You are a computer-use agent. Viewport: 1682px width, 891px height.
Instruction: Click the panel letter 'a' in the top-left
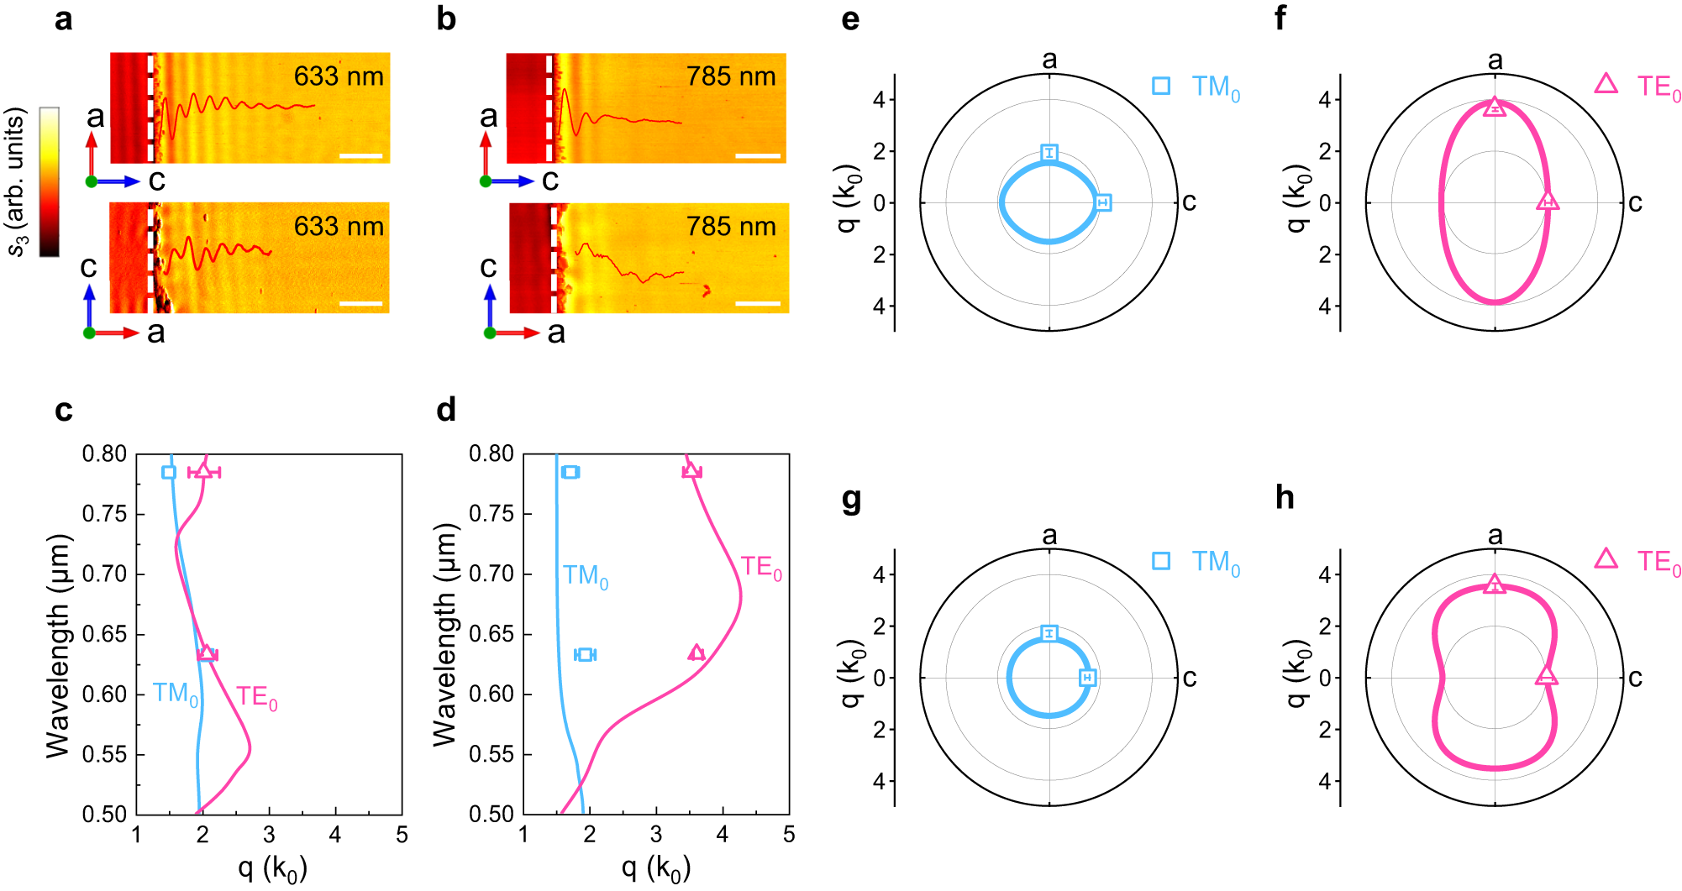63,18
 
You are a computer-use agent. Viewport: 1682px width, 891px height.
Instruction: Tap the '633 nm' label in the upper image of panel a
339,76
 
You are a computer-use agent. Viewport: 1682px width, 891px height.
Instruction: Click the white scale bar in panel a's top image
361,155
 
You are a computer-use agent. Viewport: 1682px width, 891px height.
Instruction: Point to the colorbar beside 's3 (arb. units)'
50,181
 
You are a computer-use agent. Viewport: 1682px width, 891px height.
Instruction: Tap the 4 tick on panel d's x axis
723,835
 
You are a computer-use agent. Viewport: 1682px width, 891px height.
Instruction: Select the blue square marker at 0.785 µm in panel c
169,472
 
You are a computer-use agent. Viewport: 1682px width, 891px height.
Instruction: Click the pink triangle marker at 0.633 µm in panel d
696,653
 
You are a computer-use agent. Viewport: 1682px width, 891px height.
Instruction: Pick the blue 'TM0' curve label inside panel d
585,576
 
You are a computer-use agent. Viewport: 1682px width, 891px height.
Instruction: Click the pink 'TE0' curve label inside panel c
256,698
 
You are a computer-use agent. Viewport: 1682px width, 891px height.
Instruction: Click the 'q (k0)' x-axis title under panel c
272,867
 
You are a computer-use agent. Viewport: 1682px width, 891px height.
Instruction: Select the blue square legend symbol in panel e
1161,86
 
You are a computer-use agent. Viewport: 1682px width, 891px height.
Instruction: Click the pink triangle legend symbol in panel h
1606,559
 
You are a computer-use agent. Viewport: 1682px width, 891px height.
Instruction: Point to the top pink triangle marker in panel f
1495,107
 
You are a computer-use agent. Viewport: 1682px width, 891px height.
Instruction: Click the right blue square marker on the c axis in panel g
1087,678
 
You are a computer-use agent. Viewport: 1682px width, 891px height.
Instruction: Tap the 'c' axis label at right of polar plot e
1189,202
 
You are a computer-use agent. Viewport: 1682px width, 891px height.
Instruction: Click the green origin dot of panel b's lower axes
490,333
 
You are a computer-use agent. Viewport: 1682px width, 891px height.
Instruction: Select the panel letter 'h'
1285,498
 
